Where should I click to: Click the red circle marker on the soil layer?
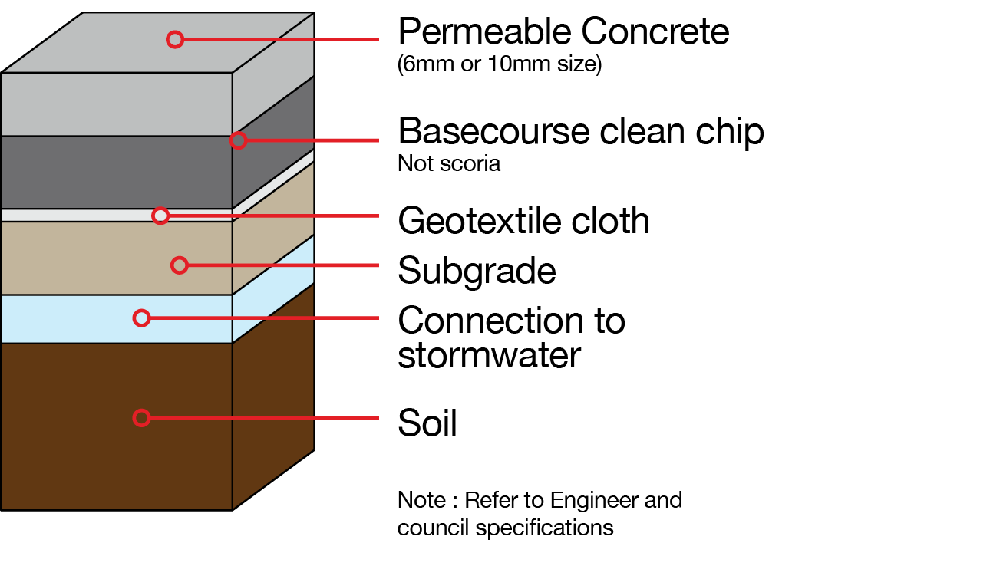pyautogui.click(x=141, y=417)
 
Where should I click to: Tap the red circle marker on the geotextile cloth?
pyautogui.click(x=160, y=216)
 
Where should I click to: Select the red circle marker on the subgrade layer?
pyautogui.click(x=180, y=265)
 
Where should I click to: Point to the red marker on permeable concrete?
pyautogui.click(x=175, y=39)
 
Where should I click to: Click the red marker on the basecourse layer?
pyautogui.click(x=239, y=140)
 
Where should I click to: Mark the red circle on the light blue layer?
pyautogui.click(x=141, y=318)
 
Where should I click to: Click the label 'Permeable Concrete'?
pyautogui.click(x=563, y=32)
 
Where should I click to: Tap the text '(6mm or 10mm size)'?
pyautogui.click(x=500, y=65)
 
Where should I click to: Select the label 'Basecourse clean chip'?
pyautogui.click(x=581, y=131)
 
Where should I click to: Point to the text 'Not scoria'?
pyautogui.click(x=449, y=163)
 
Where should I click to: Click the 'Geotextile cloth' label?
pyautogui.click(x=523, y=221)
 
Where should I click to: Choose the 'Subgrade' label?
pyautogui.click(x=477, y=271)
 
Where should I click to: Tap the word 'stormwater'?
pyautogui.click(x=489, y=356)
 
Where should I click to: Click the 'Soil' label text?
pyautogui.click(x=427, y=423)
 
